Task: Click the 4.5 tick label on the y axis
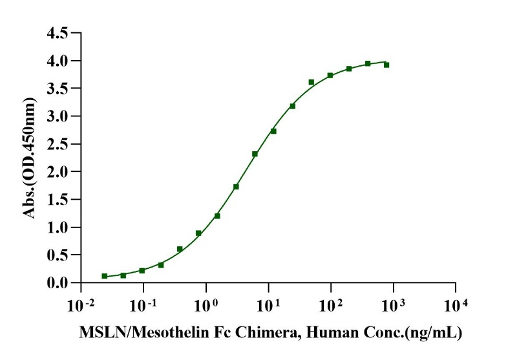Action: click(58, 33)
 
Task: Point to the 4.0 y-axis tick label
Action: click(58, 61)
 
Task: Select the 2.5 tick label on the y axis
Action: click(58, 144)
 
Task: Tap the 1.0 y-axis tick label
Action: click(58, 228)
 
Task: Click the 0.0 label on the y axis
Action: click(58, 283)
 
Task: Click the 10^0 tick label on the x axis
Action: click(206, 304)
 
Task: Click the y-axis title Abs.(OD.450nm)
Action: click(30, 158)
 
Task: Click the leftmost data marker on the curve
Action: click(105, 276)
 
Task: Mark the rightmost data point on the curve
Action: click(386, 65)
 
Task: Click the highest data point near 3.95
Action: click(368, 63)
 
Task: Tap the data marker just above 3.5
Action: click(312, 82)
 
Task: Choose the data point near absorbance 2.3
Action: click(255, 154)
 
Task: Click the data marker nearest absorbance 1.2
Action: click(217, 216)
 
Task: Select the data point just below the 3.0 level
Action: click(273, 131)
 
